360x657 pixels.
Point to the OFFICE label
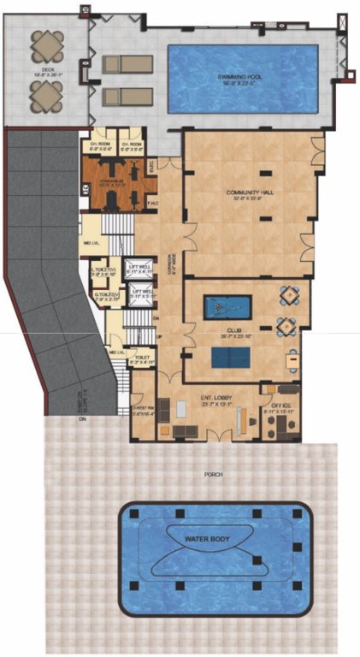tap(281, 406)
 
